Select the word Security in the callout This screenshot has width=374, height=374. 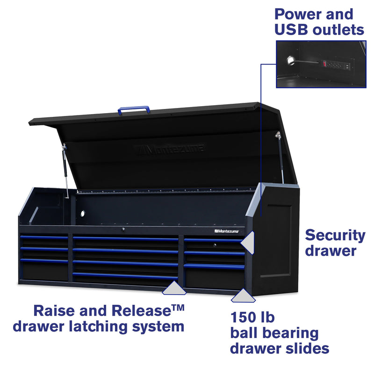coord(335,235)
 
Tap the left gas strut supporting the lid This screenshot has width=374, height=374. coord(65,169)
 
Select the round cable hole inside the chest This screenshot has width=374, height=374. coord(82,213)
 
